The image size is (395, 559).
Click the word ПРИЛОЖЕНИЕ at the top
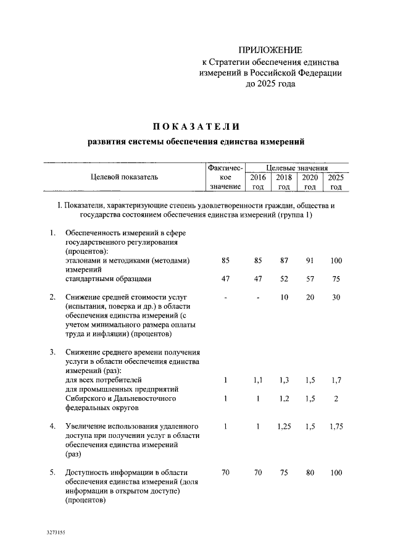(271, 49)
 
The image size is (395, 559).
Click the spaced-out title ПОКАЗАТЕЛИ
(196, 127)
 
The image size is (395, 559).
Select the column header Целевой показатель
(124, 177)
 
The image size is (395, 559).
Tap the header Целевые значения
(296, 167)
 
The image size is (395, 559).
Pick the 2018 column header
(284, 182)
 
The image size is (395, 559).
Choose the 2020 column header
(310, 182)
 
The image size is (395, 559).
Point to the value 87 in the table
(284, 261)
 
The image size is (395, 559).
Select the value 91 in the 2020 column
(310, 261)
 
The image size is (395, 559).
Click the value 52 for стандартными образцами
(284, 279)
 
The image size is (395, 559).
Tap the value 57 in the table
(310, 279)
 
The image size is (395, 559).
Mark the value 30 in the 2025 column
(336, 298)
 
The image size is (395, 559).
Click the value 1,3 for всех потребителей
(284, 380)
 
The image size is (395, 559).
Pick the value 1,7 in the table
(336, 380)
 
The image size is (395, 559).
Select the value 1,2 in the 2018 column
(284, 399)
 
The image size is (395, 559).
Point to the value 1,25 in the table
(284, 426)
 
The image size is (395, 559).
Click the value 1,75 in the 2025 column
(336, 426)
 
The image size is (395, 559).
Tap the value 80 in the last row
(310, 473)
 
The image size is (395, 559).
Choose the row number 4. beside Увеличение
(54, 426)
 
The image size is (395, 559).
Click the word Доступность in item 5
(88, 473)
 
